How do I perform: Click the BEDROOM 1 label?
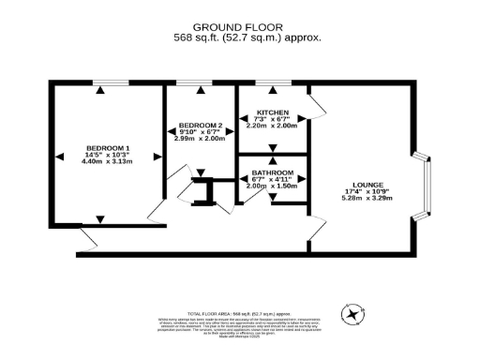pyautogui.click(x=108, y=147)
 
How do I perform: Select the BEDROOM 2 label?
pyautogui.click(x=200, y=125)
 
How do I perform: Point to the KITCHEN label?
pyautogui.click(x=272, y=112)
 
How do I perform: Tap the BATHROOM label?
pyautogui.click(x=271, y=172)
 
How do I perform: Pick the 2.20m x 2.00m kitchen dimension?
pyautogui.click(x=272, y=126)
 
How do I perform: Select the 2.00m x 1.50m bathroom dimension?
pyautogui.click(x=271, y=186)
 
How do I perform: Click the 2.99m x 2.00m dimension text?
pyautogui.click(x=200, y=138)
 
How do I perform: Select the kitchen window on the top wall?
pyautogui.click(x=272, y=83)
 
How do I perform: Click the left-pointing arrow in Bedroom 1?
pyautogui.click(x=58, y=155)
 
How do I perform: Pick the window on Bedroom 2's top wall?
pyautogui.click(x=200, y=83)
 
